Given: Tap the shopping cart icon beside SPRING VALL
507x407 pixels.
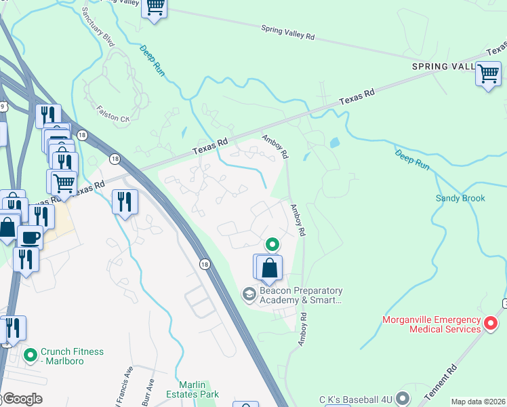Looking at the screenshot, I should click(x=488, y=73).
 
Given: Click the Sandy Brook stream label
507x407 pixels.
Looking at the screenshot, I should click(x=460, y=198).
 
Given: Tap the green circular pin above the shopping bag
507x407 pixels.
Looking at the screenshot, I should click(x=272, y=244).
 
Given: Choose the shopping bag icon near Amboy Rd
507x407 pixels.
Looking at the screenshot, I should click(x=269, y=268).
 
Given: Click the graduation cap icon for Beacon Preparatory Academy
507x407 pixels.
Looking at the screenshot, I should click(x=249, y=293).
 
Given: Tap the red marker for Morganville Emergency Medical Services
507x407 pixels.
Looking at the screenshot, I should click(x=491, y=324).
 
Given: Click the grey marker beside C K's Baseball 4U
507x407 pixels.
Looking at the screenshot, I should click(x=403, y=396).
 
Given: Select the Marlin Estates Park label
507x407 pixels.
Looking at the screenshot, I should click(x=199, y=389).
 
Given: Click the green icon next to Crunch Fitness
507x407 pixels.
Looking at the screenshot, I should click(x=30, y=355).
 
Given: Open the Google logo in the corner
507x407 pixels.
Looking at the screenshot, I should click(x=22, y=399).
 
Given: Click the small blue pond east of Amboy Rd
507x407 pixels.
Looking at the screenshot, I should click(x=333, y=143).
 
